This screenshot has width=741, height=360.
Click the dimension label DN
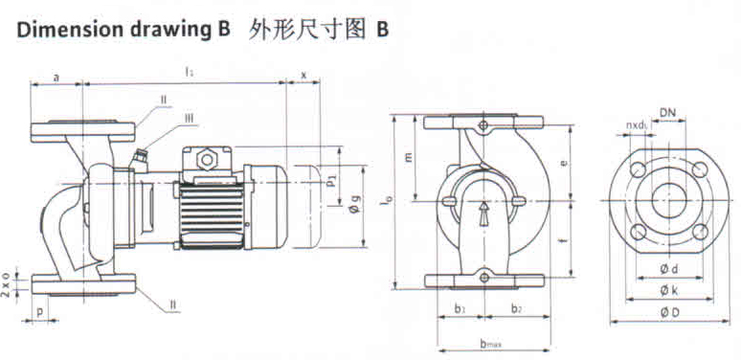tap(667, 113)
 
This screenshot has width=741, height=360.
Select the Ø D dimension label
tap(669, 313)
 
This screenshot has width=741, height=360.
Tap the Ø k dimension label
tap(669, 290)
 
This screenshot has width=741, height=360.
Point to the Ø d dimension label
tap(669, 269)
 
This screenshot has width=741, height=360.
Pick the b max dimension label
tap(491, 345)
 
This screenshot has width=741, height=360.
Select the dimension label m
tap(409, 156)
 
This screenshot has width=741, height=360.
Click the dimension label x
tap(303, 75)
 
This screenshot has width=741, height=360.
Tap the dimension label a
tap(56, 78)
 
